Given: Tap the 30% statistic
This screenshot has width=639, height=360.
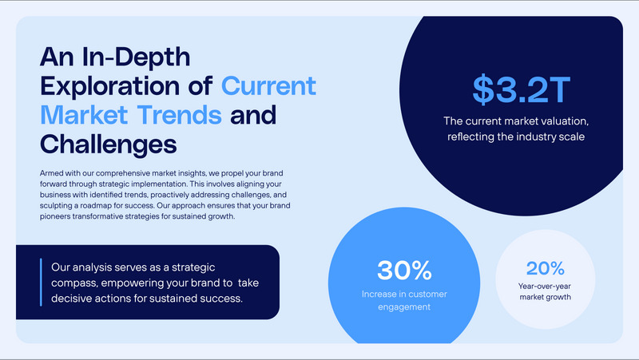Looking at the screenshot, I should tap(403, 271).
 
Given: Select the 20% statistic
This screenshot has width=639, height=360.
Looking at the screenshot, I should tap(546, 268).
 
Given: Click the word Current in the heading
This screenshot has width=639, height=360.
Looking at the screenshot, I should tap(269, 85).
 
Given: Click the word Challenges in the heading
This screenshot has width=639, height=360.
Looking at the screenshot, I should tap(108, 144).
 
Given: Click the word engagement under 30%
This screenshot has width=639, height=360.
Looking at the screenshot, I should tap(403, 307).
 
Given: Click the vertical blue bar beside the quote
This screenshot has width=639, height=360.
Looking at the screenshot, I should tap(41, 282).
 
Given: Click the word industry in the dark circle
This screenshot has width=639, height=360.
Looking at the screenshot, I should tap(534, 136).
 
